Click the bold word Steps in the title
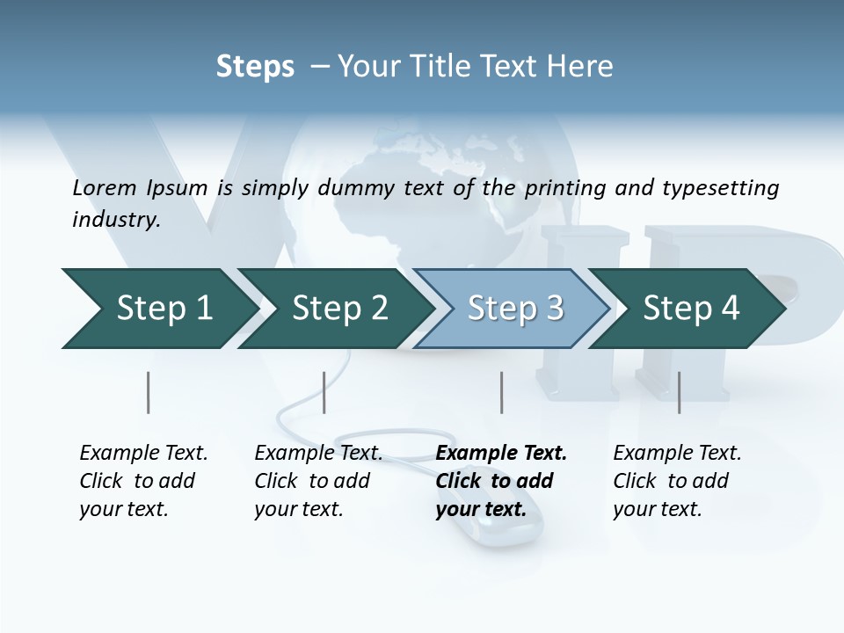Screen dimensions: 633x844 click(255, 67)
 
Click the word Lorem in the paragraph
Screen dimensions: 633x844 click(104, 187)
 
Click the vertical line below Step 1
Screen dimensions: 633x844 click(148, 392)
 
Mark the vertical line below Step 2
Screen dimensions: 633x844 click(324, 392)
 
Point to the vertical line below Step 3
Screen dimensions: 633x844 click(501, 392)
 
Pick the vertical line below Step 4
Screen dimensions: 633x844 click(679, 392)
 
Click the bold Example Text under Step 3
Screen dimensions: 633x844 click(501, 453)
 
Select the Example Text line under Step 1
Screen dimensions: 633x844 click(143, 453)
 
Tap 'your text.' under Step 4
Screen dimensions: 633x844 click(657, 509)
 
